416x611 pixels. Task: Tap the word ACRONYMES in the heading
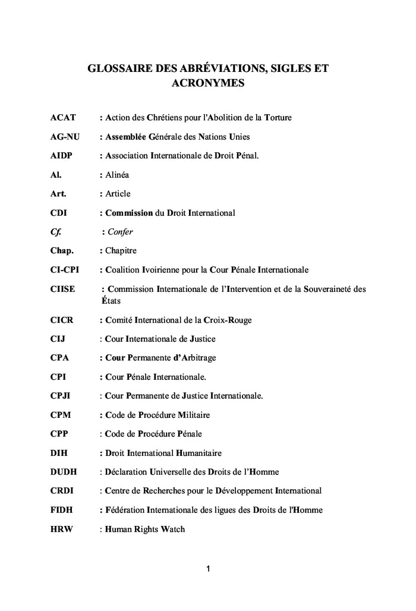(207, 84)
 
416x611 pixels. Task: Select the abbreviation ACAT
(62, 118)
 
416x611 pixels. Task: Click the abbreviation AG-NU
(65, 137)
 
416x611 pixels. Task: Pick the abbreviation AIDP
(62, 156)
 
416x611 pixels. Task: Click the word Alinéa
(117, 175)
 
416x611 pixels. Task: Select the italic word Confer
(120, 232)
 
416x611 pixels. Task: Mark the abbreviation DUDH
(64, 472)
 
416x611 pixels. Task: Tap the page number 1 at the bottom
(207, 570)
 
